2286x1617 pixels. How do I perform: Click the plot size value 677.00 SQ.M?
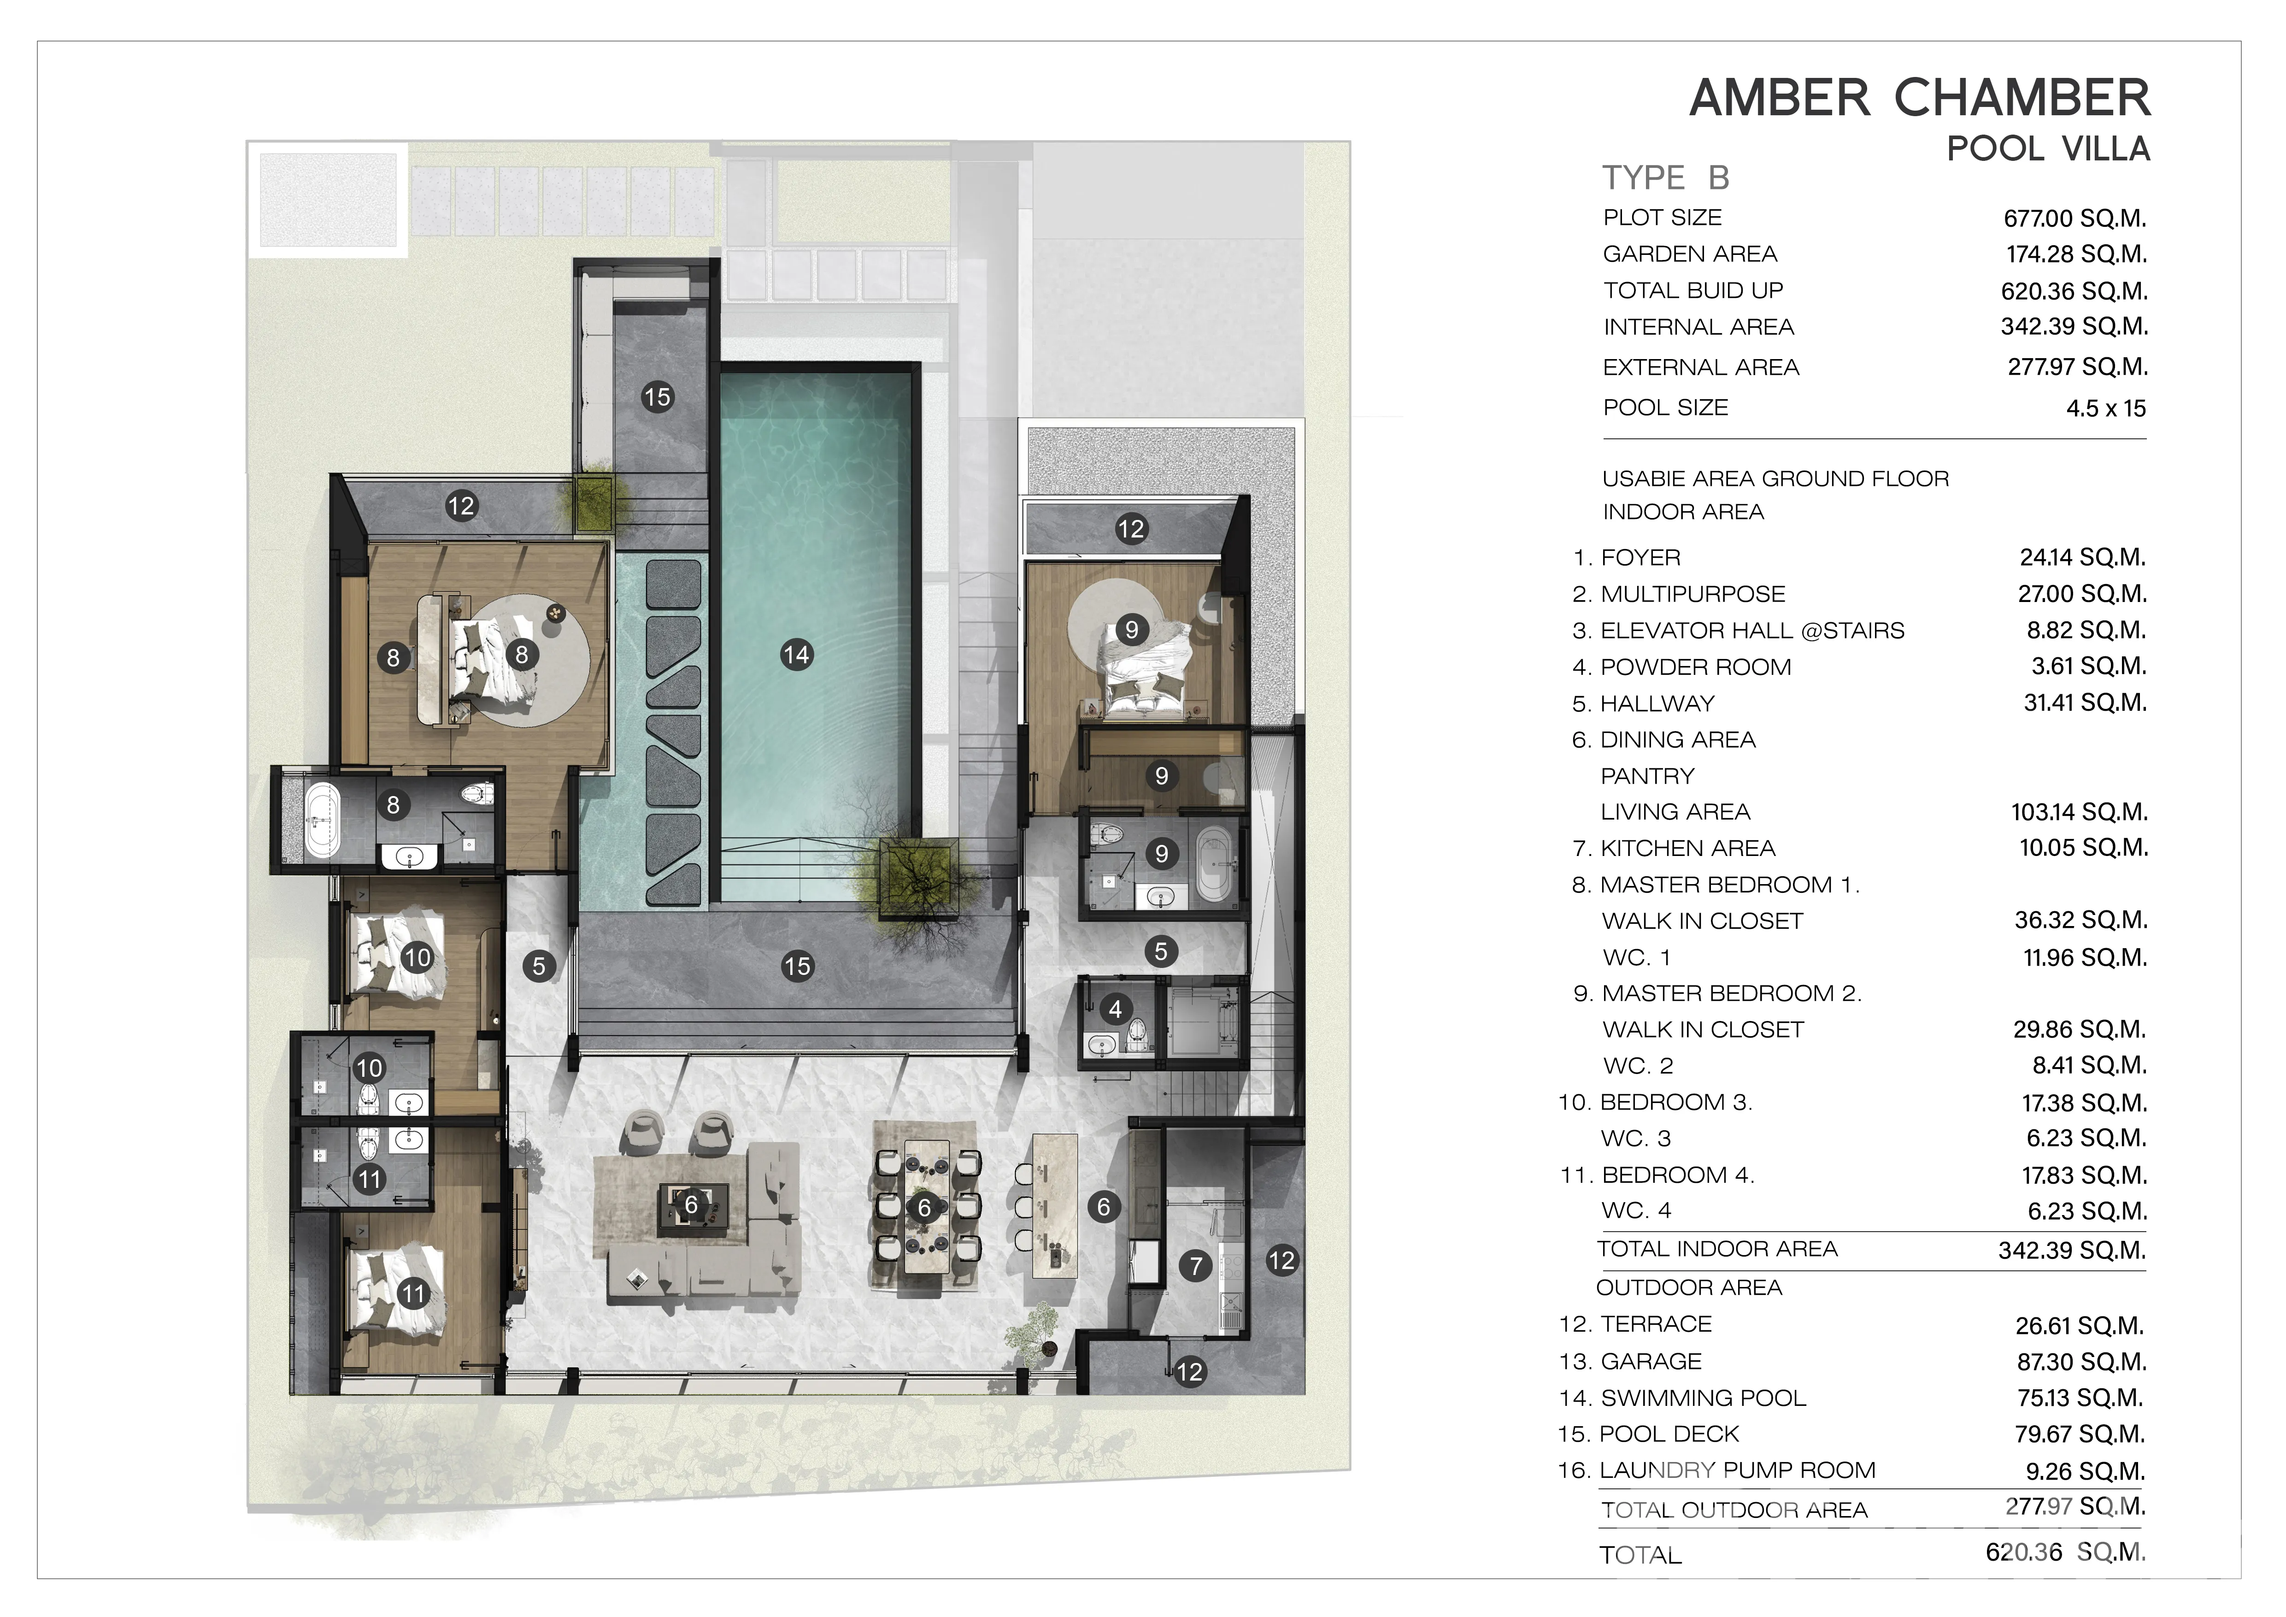coord(2075,218)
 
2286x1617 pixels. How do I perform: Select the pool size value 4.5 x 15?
coord(2106,408)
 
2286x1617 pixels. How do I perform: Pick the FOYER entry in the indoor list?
coord(1640,558)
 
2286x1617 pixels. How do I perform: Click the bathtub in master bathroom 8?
coord(322,820)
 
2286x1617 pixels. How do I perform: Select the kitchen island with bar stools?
coord(1054,1207)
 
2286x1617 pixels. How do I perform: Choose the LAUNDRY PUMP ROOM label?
coord(1737,1470)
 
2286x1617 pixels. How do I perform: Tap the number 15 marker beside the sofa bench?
coord(657,397)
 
